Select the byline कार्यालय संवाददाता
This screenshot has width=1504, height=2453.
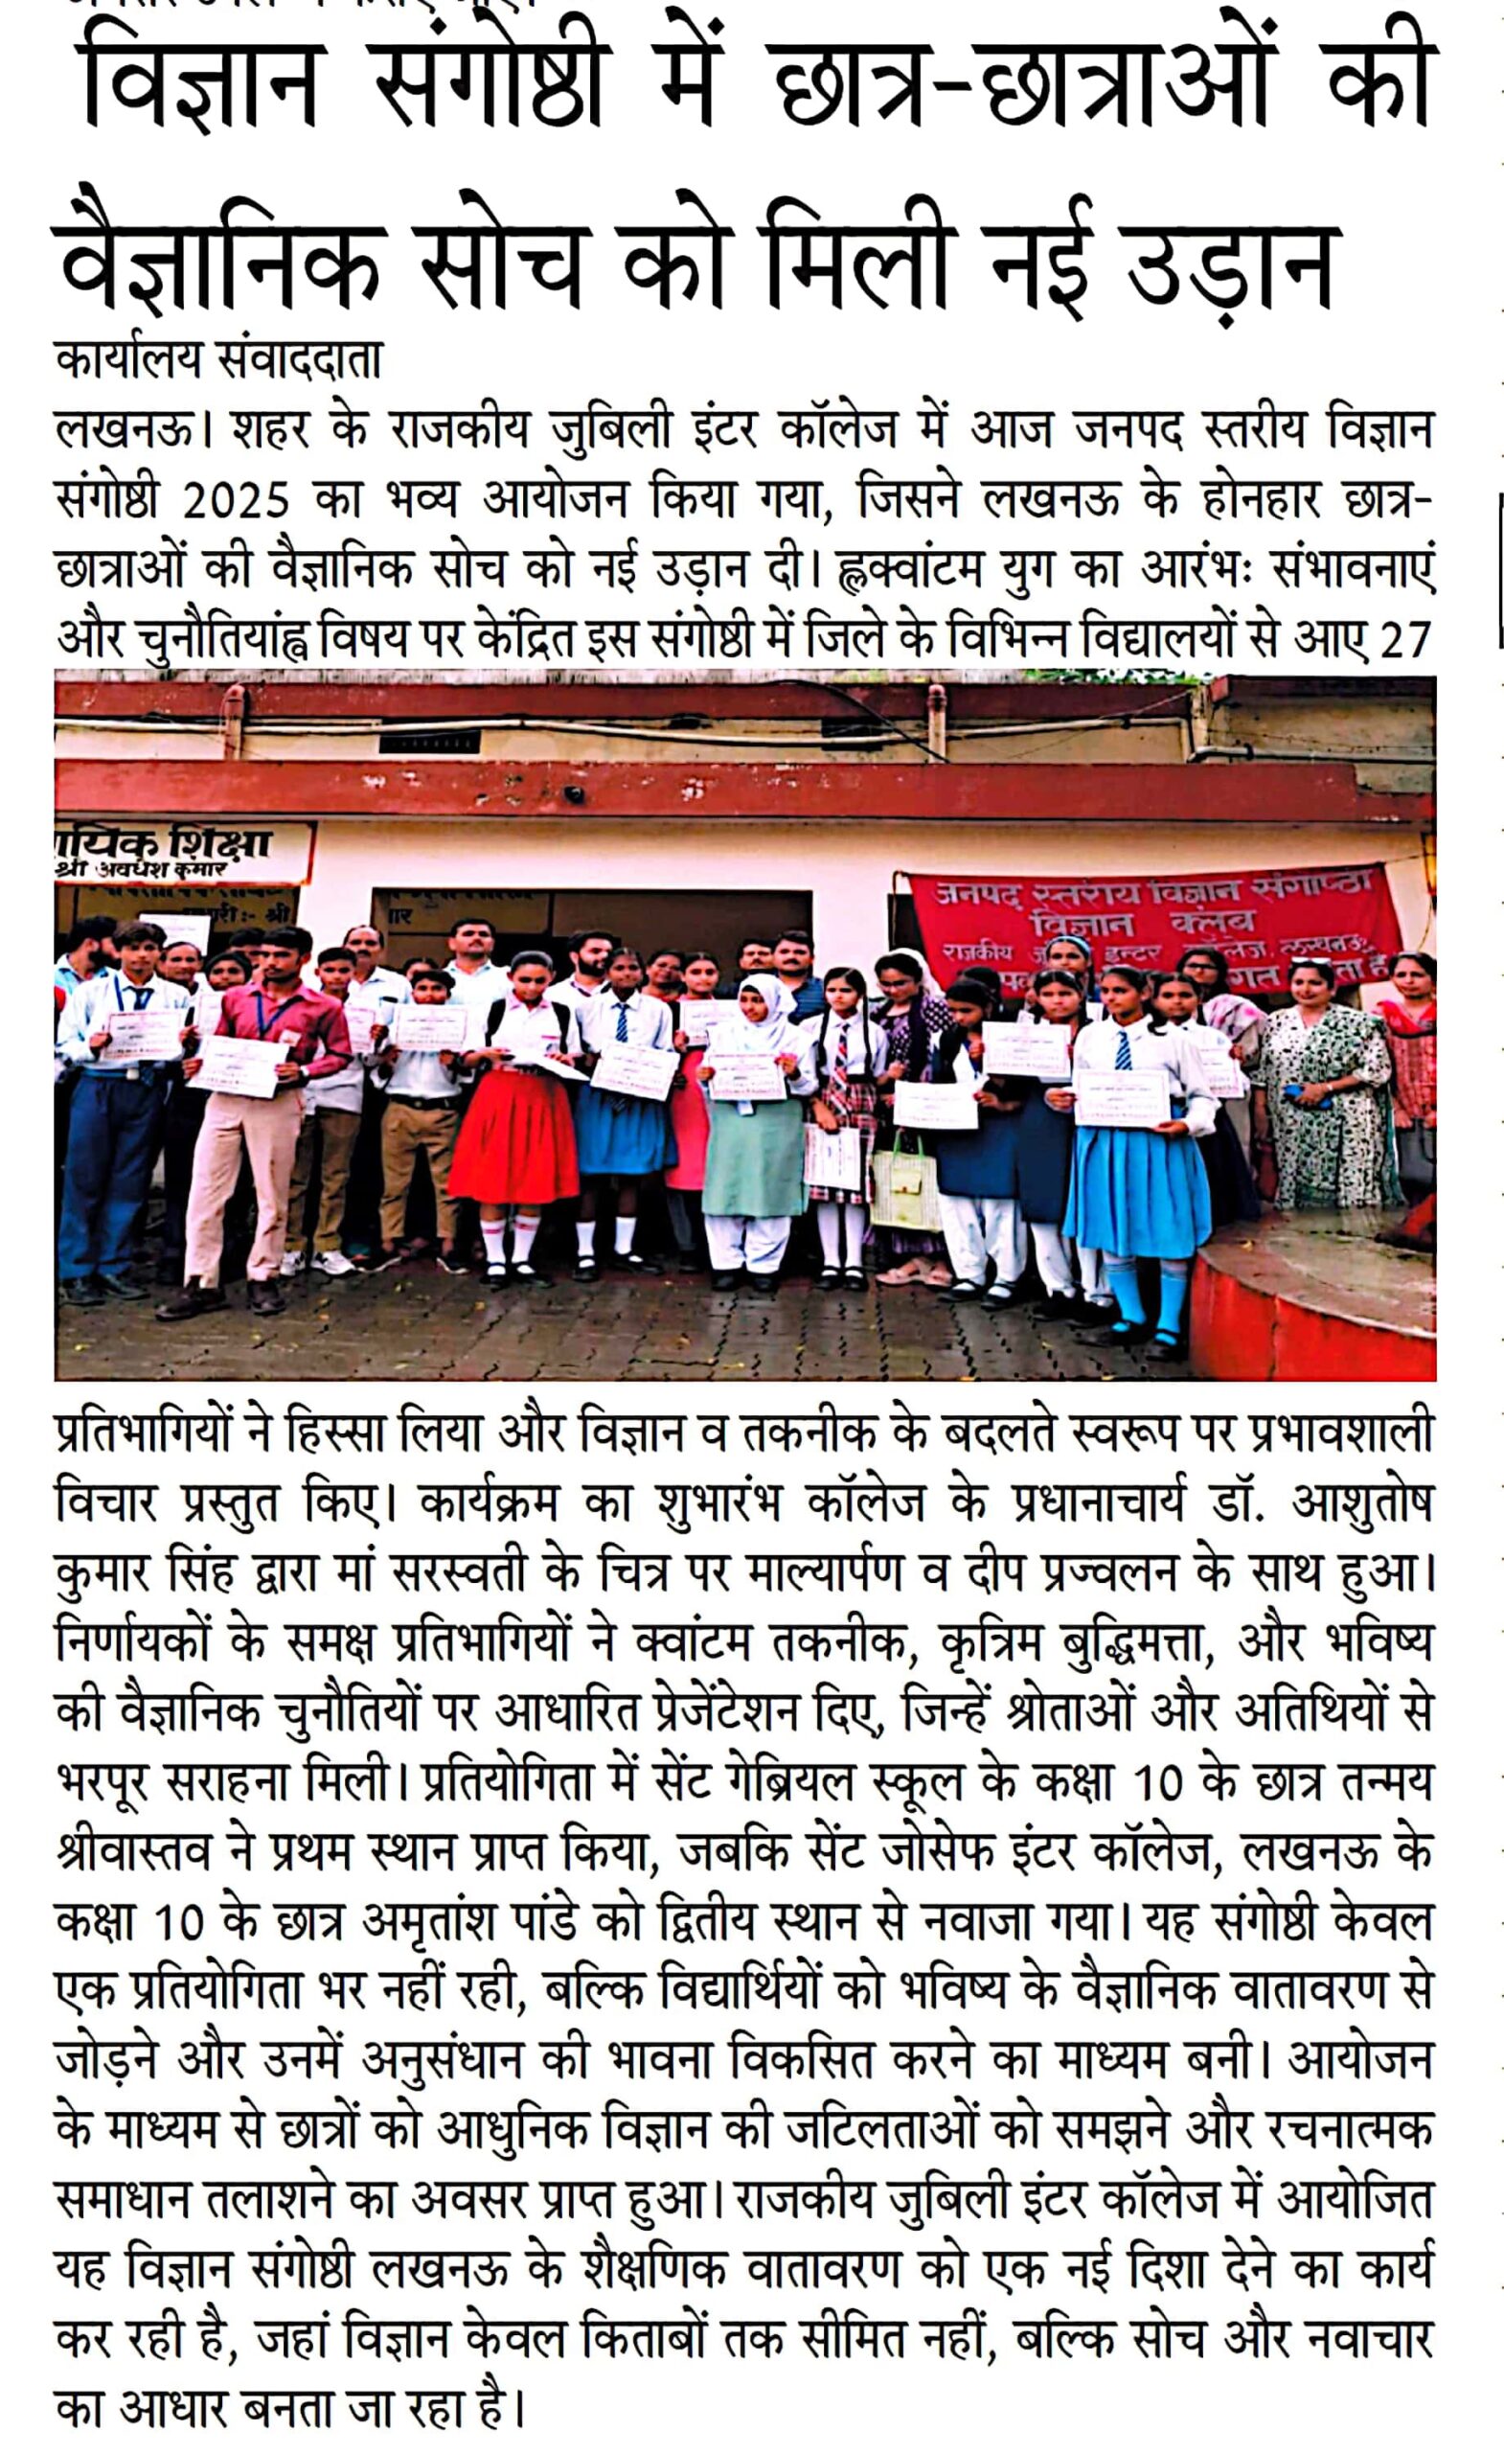tap(219, 360)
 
